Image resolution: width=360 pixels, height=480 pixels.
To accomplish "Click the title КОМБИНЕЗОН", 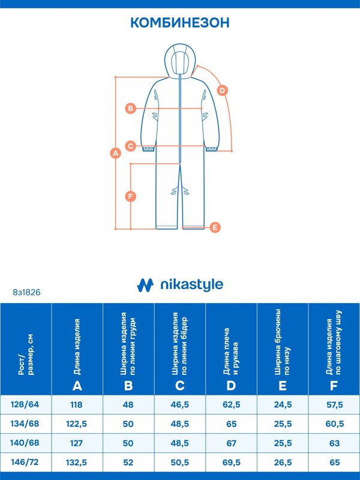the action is tap(180, 23).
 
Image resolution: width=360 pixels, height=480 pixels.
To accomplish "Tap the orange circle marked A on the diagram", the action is tap(115, 153).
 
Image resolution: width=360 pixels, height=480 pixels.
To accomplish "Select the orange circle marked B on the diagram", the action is tap(131, 108).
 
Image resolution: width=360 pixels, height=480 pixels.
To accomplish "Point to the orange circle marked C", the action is tap(131, 146).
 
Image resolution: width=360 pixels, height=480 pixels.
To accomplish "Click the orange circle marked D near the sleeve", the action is tap(223, 91).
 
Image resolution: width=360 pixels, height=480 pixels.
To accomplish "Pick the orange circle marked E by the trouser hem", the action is tap(215, 227).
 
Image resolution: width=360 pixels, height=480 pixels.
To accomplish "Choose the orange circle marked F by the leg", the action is tap(131, 196).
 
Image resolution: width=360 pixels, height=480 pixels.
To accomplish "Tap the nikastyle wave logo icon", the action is tap(145, 285).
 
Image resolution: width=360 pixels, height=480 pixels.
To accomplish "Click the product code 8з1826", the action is tap(26, 292).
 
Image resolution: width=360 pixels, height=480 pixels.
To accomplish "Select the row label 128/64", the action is tap(25, 404).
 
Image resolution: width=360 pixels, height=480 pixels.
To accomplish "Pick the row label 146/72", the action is tap(25, 462).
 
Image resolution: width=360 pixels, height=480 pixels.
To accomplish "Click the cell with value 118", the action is tap(77, 404).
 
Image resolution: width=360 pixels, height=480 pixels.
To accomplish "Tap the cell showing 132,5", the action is tap(77, 462).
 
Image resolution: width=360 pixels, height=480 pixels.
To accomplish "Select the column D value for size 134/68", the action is tap(232, 424).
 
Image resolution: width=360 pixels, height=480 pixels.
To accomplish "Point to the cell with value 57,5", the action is tap(335, 404).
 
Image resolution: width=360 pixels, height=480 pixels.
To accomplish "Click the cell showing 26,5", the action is tap(283, 462).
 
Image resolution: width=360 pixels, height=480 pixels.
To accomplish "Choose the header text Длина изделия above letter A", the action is tap(77, 347).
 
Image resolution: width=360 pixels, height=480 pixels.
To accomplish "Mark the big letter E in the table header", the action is tap(283, 386).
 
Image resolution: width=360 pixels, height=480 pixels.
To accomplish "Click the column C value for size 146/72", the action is tap(180, 462).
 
